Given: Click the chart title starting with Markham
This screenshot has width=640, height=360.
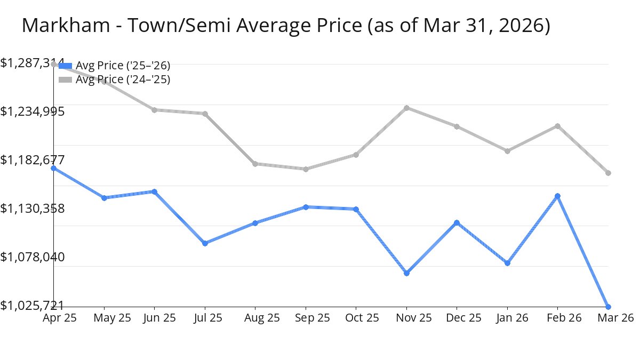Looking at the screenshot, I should (x=286, y=26).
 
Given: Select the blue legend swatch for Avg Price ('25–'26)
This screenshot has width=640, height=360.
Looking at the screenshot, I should (x=65, y=66).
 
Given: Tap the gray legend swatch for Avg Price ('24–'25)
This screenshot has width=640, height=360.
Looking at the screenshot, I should (x=65, y=79).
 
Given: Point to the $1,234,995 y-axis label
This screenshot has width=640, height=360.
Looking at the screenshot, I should (x=33, y=111).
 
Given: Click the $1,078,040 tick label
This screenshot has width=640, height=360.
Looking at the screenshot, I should (x=33, y=257).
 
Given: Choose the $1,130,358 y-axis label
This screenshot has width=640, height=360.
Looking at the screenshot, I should (x=33, y=209).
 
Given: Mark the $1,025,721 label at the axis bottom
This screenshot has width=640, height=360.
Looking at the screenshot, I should (x=33, y=306).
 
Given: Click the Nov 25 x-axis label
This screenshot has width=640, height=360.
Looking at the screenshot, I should (x=406, y=318).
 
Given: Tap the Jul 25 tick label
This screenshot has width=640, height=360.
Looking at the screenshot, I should (x=205, y=318).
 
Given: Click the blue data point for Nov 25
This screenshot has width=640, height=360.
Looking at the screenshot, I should (x=407, y=273).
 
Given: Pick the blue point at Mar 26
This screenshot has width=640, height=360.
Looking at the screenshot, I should (x=608, y=307).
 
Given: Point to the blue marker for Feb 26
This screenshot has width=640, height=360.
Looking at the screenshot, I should (x=558, y=196).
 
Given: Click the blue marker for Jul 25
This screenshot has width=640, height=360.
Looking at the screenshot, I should (x=205, y=243).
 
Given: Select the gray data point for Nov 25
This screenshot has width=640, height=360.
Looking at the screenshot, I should (x=407, y=108).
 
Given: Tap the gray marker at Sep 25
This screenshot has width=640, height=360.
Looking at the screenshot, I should (x=306, y=169).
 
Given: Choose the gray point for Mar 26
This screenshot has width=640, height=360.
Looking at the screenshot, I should (x=608, y=173).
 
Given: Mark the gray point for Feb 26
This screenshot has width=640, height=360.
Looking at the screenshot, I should (x=558, y=126).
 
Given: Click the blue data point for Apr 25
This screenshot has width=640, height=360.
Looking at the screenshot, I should (x=54, y=168).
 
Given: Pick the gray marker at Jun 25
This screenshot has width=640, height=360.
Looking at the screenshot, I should (x=155, y=110).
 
